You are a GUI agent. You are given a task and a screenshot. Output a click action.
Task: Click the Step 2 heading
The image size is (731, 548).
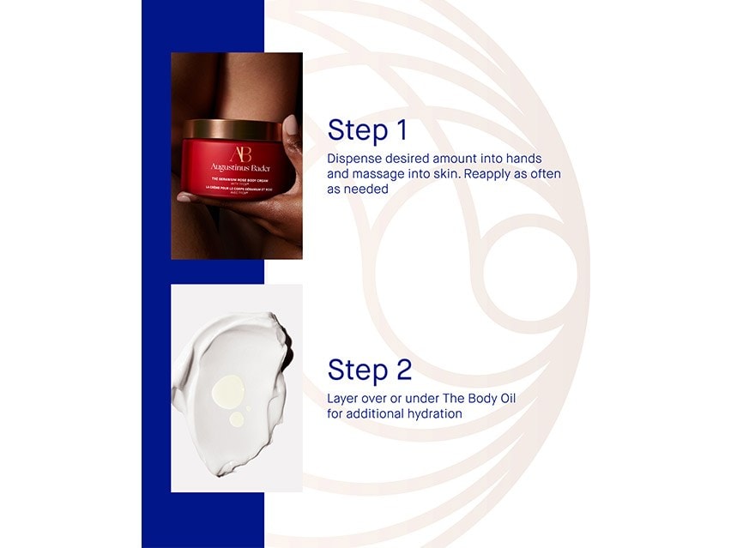(370, 370)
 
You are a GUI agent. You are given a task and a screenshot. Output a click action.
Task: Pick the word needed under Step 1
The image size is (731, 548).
(365, 189)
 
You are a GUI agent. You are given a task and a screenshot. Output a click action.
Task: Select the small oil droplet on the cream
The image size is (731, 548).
(236, 419)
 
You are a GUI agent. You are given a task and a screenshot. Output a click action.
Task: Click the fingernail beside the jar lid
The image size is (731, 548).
(291, 126)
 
